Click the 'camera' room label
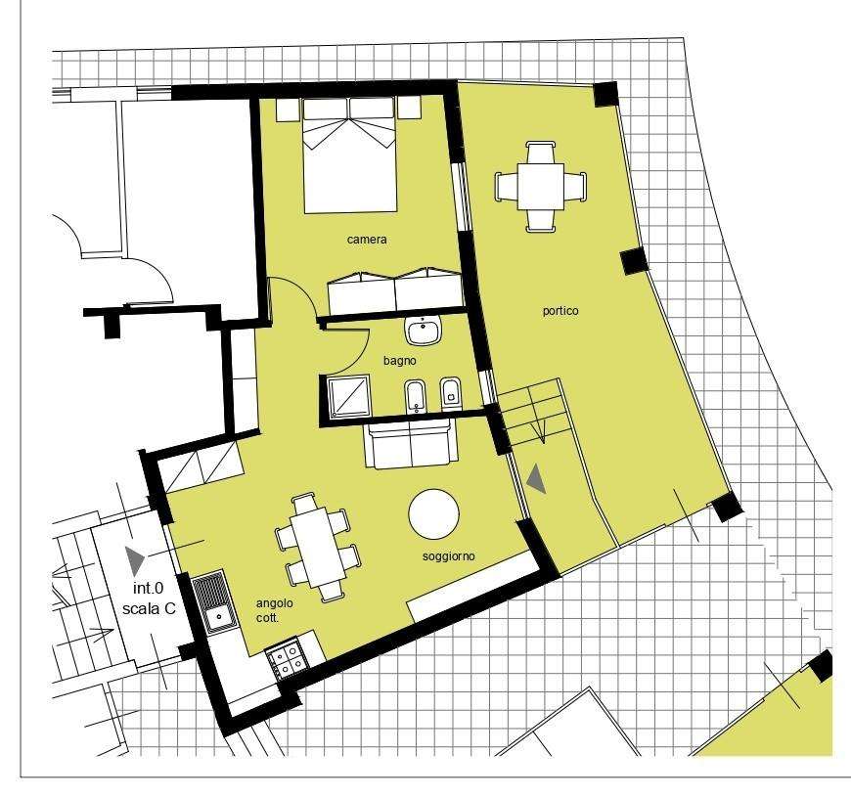coord(367,240)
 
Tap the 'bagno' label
coord(399,361)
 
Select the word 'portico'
coord(560,311)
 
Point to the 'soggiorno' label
coord(448,556)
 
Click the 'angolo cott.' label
coord(275,610)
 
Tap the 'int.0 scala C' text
coord(149,598)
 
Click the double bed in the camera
coord(350,155)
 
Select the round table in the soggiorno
coord(433,514)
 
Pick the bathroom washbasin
coord(424,330)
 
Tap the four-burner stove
coord(286,658)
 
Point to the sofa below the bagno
coord(411,445)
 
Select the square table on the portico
coord(541,187)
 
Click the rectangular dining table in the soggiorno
coord(319,547)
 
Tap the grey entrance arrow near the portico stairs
coord(536,479)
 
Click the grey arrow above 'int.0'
coord(135,560)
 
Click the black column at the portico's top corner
coord(605,94)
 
